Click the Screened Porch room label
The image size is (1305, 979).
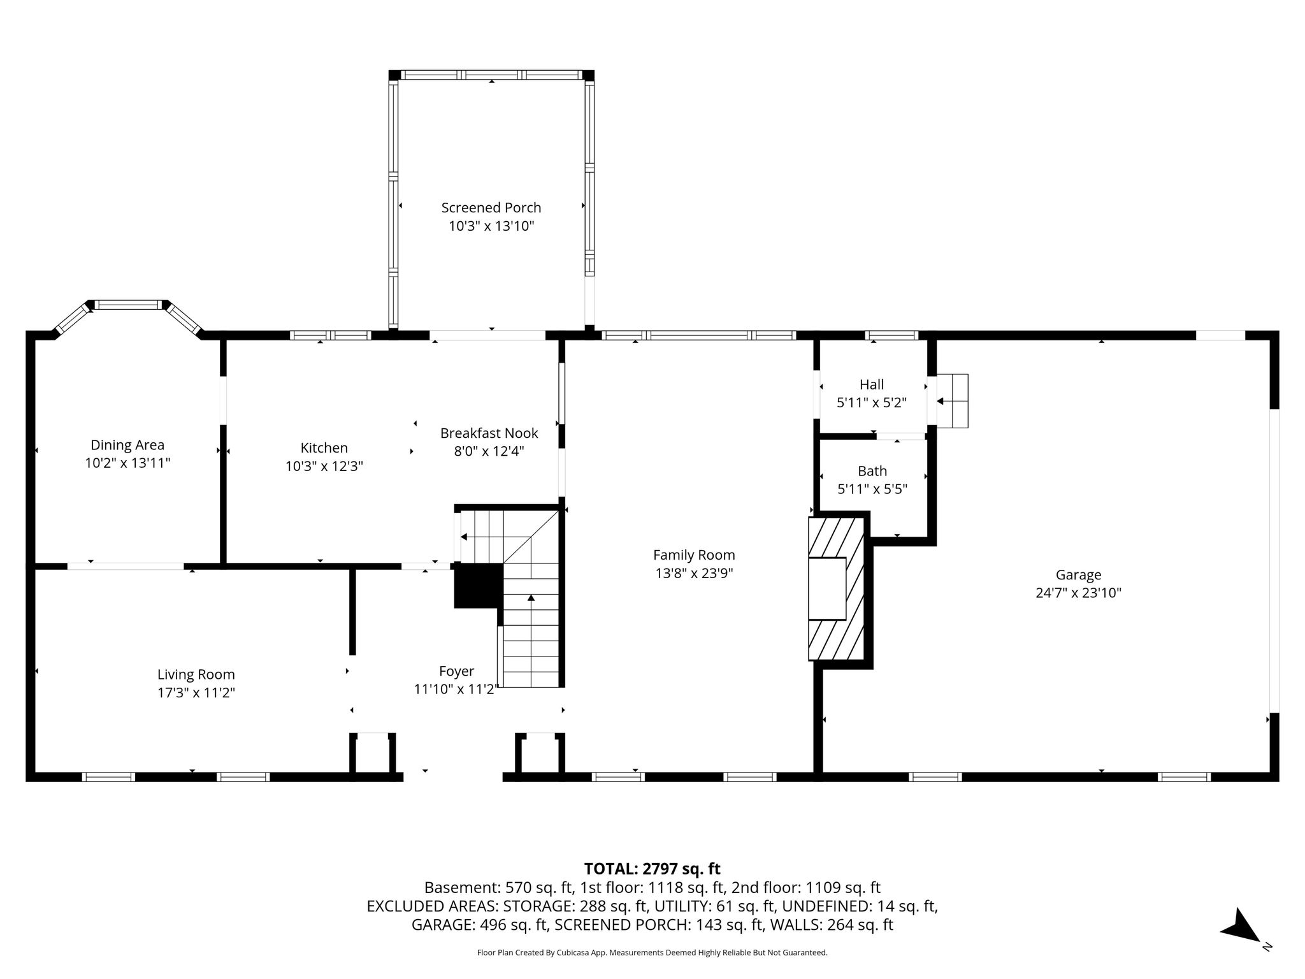tap(491, 208)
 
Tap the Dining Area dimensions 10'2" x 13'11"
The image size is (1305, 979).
tap(127, 463)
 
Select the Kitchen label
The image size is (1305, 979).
tap(324, 448)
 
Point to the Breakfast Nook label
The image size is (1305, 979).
tap(489, 433)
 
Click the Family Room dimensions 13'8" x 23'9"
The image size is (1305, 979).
tap(694, 573)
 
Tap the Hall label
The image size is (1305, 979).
tap(872, 384)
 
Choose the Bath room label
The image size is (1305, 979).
tap(872, 471)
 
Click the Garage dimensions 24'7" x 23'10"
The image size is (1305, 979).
tap(1078, 593)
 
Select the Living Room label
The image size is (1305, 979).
tap(196, 674)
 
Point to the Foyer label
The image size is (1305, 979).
tap(457, 671)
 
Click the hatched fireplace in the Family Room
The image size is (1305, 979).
tap(836, 588)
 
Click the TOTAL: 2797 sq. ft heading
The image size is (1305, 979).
tap(652, 869)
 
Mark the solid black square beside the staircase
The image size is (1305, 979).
tap(479, 585)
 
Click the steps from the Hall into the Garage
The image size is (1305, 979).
tap(952, 401)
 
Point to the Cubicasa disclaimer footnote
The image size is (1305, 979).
tap(652, 953)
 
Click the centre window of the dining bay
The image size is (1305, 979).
tap(129, 305)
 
